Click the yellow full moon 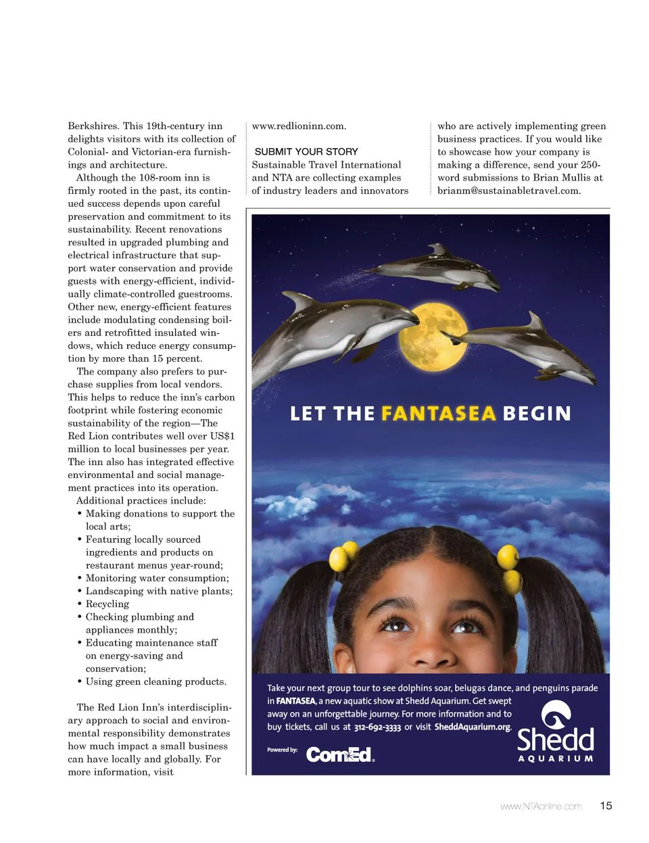(x=431, y=335)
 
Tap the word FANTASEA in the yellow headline (x=438, y=413)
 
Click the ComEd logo (x=339, y=754)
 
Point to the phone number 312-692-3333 (x=377, y=727)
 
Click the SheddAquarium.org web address (x=472, y=727)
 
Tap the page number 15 (x=606, y=806)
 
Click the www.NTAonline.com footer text (x=541, y=806)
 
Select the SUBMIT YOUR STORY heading (x=306, y=151)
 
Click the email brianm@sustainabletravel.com (x=508, y=191)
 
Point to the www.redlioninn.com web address (x=299, y=126)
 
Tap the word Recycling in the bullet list (x=107, y=604)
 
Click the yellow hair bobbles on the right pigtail (x=510, y=568)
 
